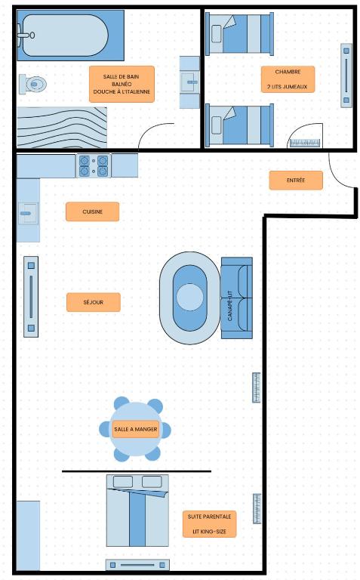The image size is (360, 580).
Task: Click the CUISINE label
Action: coord(92,211)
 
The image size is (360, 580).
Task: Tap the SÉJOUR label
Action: coord(93,302)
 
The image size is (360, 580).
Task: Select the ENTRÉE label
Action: coord(296,180)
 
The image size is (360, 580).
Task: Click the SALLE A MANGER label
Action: coord(136,429)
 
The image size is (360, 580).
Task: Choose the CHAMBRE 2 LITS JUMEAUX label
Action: coord(288,79)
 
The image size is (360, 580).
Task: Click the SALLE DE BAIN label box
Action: coord(122,84)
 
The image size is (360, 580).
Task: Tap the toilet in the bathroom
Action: coord(32,84)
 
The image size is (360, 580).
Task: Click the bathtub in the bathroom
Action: coord(70,35)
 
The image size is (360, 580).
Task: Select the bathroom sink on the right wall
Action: coord(189,82)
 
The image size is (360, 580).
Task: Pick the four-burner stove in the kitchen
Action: coord(94,166)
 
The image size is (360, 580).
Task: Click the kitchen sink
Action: coord(28,214)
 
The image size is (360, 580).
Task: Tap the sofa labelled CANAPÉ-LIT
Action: coord(237,298)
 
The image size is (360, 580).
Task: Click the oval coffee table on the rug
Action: coord(189,298)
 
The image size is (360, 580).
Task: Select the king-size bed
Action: coord(137,511)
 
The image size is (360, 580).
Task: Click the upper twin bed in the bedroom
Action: coord(239,34)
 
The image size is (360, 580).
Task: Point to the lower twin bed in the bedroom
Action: coord(239,125)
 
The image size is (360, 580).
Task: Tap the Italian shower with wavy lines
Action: coord(62,128)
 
